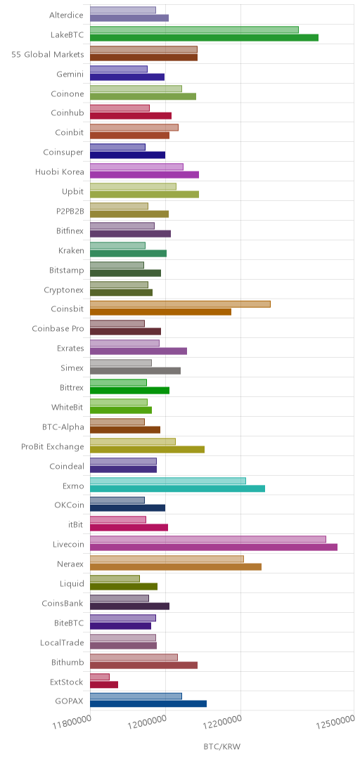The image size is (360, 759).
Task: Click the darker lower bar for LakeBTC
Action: pyautogui.click(x=204, y=38)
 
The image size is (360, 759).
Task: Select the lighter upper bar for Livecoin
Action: pyautogui.click(x=208, y=539)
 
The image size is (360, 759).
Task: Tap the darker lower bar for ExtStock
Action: pyautogui.click(x=104, y=685)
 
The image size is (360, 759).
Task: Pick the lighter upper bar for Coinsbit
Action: pyautogui.click(x=180, y=304)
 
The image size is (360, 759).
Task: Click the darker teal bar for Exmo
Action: pyautogui.click(x=177, y=488)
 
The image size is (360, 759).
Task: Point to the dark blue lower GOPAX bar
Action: pyautogui.click(x=148, y=703)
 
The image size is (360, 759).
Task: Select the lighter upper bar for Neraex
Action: pyautogui.click(x=167, y=559)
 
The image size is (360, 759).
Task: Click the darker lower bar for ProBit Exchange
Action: pyautogui.click(x=147, y=449)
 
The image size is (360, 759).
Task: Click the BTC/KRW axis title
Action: pyautogui.click(x=222, y=746)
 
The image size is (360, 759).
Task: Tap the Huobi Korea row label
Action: pyautogui.click(x=60, y=172)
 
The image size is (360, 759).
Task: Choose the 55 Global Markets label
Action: pyautogui.click(x=48, y=54)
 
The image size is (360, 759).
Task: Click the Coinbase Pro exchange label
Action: pyautogui.click(x=58, y=329)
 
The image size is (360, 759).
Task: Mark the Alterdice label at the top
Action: pyautogui.click(x=66, y=15)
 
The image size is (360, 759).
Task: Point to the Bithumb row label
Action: pyautogui.click(x=67, y=662)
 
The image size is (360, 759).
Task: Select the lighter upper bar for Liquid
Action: pyautogui.click(x=115, y=578)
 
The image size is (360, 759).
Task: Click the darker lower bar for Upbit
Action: pyautogui.click(x=144, y=194)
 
